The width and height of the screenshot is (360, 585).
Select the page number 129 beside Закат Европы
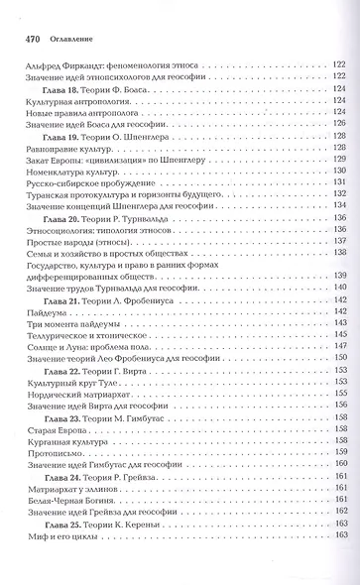pyautogui.click(x=339, y=158)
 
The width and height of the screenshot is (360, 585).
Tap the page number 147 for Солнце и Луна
pyautogui.click(x=339, y=344)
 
